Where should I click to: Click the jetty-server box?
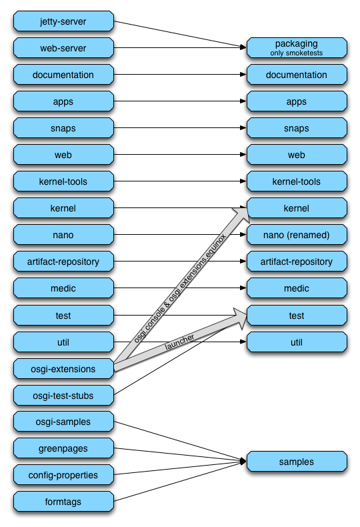tap(63, 21)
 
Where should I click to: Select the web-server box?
tap(63, 48)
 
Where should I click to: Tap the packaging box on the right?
tap(297, 48)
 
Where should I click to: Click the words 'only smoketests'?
tap(297, 53)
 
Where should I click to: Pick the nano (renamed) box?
tap(297, 235)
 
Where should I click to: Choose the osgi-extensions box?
tap(63, 369)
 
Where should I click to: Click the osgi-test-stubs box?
tap(63, 395)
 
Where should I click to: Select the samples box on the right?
tap(297, 462)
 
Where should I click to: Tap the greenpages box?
tap(63, 448)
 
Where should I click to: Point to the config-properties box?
tap(63, 474)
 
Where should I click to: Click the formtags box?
tap(63, 502)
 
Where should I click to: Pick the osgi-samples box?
tap(63, 422)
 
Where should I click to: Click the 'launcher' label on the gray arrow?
tap(179, 342)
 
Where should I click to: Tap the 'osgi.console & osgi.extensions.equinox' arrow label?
tap(180, 288)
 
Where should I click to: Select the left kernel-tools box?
tap(63, 181)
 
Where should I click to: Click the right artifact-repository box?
tap(297, 261)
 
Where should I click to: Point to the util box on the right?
tap(297, 342)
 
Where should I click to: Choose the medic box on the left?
tap(63, 288)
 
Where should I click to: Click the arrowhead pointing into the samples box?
tap(243, 462)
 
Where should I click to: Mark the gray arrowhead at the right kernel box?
tap(241, 213)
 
